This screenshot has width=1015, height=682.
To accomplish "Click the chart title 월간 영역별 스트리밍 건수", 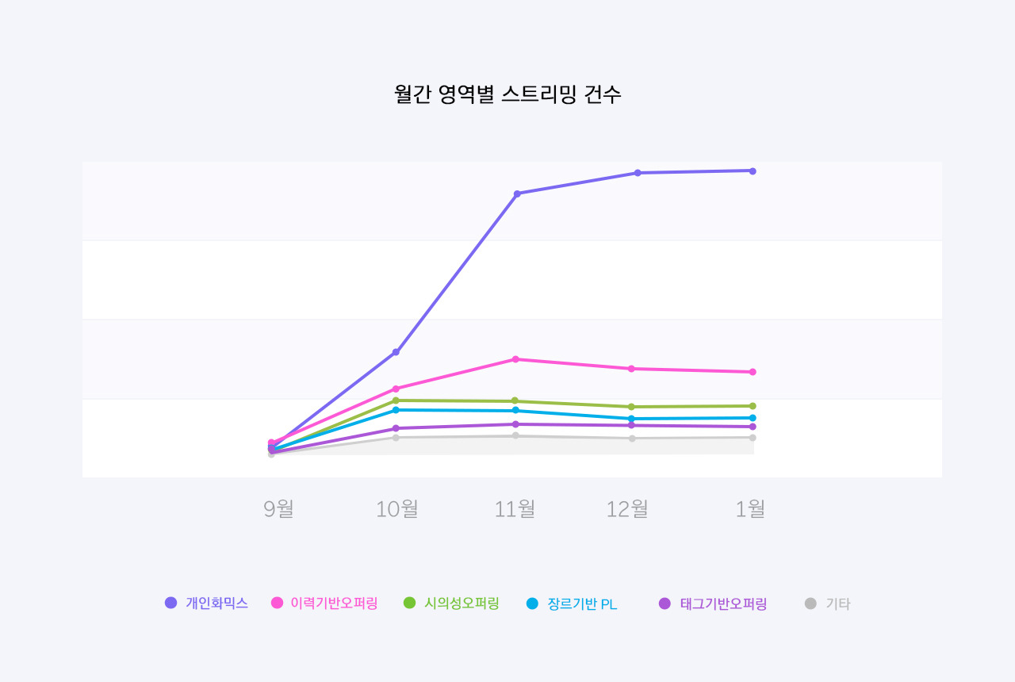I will (x=507, y=94).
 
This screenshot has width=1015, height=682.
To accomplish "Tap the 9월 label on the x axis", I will (x=278, y=508).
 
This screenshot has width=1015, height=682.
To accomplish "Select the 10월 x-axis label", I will (x=396, y=508).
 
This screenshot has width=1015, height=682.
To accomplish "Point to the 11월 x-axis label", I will (x=515, y=508).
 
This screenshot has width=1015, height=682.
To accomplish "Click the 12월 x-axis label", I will (x=627, y=508).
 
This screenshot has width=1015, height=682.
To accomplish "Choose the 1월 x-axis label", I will (x=750, y=508).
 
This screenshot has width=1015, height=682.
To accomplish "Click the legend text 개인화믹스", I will (x=217, y=603).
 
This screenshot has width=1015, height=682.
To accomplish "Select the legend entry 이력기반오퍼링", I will (x=334, y=603).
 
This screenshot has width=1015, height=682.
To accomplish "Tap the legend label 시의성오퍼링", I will (x=462, y=603).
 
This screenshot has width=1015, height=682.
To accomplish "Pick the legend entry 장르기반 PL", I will (x=582, y=604).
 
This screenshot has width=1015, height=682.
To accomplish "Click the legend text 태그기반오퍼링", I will (x=723, y=603).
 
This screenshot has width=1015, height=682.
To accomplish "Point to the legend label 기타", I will (x=837, y=603).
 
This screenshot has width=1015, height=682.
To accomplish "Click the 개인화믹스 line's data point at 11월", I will (x=517, y=193).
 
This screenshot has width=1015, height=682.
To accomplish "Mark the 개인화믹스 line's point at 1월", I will (x=753, y=171).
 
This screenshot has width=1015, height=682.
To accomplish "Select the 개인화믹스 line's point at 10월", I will (x=396, y=352).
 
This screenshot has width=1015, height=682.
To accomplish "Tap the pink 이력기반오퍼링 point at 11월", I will (x=515, y=359).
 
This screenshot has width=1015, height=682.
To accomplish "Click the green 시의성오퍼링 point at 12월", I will (x=631, y=407).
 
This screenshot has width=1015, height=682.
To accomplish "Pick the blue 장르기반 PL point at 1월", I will (x=753, y=418).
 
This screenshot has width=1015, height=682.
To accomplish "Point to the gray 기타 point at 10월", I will (x=396, y=438).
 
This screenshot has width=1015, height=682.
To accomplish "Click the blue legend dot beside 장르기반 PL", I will (x=532, y=603).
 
